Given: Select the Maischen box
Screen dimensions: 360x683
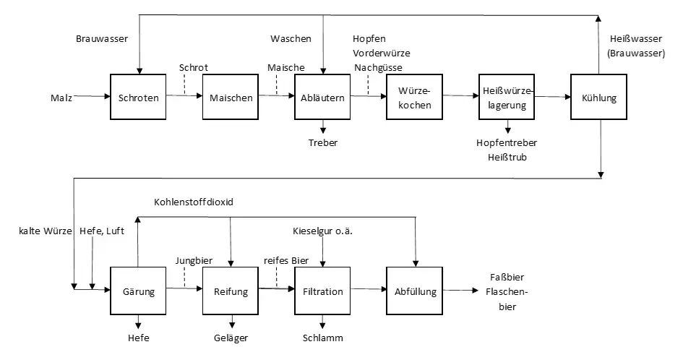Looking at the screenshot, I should pyautogui.click(x=231, y=98).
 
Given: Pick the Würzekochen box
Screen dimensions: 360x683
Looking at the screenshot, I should pyautogui.click(x=414, y=98).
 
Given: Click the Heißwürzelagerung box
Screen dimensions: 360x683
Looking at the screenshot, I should pyautogui.click(x=507, y=98).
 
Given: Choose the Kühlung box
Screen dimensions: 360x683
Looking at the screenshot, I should pyautogui.click(x=598, y=98).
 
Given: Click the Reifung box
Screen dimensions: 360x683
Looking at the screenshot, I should pyautogui.click(x=231, y=291).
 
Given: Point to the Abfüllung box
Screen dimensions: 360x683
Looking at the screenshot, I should pyautogui.click(x=414, y=291).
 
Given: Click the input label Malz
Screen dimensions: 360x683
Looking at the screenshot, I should pyautogui.click(x=61, y=95).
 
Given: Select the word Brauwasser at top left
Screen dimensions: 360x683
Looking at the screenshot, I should pyautogui.click(x=101, y=38).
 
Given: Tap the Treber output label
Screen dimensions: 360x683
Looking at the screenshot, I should pyautogui.click(x=322, y=142).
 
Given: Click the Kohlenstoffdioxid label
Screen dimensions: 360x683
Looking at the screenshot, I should pyautogui.click(x=194, y=202).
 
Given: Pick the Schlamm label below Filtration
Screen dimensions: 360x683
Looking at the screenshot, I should pyautogui.click(x=322, y=338).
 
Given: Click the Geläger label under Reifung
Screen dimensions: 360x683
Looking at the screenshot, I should pyautogui.click(x=231, y=338).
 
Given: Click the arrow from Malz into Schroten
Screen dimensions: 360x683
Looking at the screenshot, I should pyautogui.click(x=91, y=95).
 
